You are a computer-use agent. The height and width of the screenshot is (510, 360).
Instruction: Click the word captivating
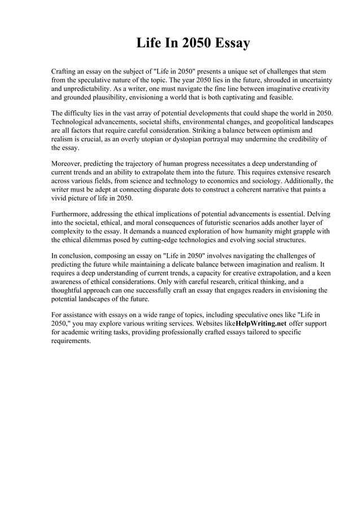click(242, 97)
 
